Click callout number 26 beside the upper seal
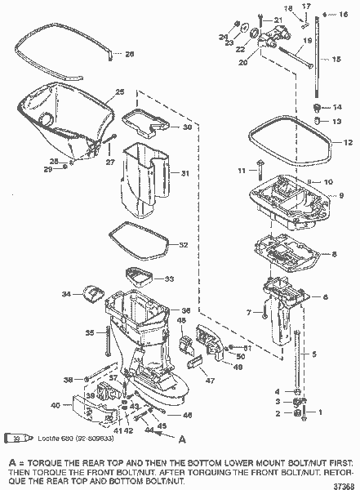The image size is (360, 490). (131, 54)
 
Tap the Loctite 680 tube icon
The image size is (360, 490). (16, 439)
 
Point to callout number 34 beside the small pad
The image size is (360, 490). (68, 293)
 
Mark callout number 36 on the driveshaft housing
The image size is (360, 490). (185, 310)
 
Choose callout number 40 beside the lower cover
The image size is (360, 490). (55, 405)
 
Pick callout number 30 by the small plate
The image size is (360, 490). (187, 127)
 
